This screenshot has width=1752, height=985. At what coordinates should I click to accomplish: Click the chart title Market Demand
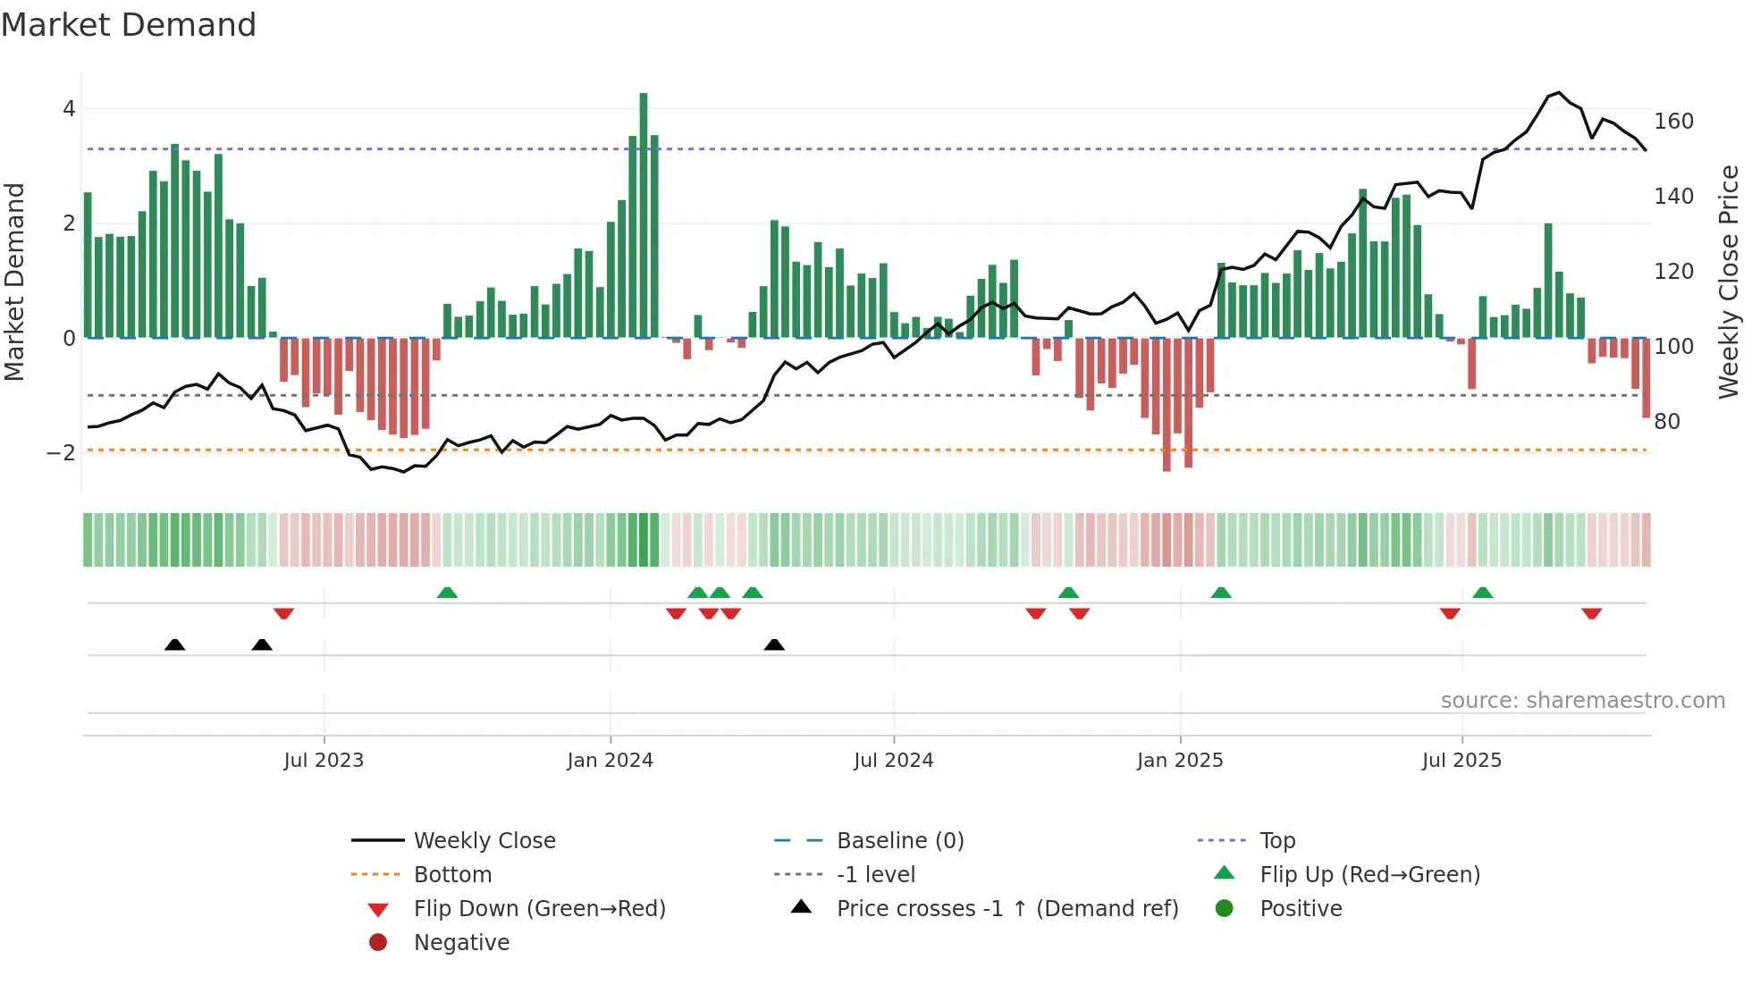(x=129, y=25)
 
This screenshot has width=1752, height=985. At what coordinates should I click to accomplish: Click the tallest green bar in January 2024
(x=644, y=215)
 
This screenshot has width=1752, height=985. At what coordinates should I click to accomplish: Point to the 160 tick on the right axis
(x=1673, y=122)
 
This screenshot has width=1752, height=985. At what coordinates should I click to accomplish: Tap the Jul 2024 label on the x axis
(x=893, y=761)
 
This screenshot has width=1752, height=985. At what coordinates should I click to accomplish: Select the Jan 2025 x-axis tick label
(x=1179, y=761)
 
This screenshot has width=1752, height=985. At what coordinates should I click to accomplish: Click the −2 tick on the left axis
(x=62, y=453)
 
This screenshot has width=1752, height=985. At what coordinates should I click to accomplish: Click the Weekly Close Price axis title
(x=1729, y=282)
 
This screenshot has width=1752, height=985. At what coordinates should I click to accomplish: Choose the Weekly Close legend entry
(x=484, y=841)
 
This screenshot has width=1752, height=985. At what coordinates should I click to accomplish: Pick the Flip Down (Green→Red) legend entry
(x=539, y=909)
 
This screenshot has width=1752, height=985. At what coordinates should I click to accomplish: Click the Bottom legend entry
(x=452, y=875)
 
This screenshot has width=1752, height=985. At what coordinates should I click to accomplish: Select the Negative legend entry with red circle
(x=461, y=943)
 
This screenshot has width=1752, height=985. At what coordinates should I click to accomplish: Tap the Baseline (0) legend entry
(x=899, y=841)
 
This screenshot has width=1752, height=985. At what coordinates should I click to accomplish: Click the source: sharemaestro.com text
(x=1582, y=701)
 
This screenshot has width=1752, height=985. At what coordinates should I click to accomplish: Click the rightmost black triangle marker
(x=774, y=645)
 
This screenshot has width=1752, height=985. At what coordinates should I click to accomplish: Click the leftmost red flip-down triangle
(x=283, y=613)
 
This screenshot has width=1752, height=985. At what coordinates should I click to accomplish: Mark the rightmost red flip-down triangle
(x=1591, y=613)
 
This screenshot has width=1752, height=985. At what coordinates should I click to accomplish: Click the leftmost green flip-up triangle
(x=447, y=593)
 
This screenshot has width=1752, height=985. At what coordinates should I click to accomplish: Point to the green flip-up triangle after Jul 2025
(x=1482, y=593)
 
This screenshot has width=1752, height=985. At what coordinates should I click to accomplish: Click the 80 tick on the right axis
(x=1666, y=422)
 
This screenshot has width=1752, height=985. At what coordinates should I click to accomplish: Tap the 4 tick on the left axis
(x=69, y=110)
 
